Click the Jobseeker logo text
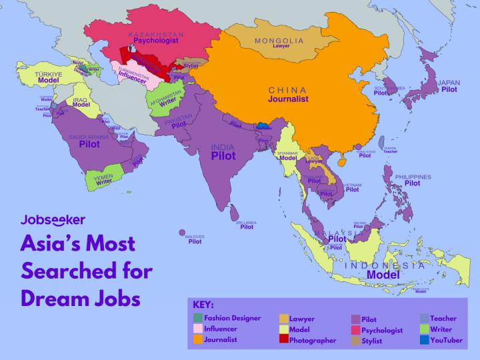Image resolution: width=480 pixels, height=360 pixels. tap(53, 219)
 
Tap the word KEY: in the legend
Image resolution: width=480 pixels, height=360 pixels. tap(203, 305)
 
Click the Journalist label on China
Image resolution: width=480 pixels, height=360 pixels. tap(288, 99)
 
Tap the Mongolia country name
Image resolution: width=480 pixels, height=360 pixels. tap(278, 41)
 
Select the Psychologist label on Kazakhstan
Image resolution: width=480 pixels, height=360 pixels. tap(157, 41)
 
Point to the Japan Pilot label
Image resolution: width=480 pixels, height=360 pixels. tap(449, 89)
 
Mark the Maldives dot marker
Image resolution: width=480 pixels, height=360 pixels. tap(182, 232)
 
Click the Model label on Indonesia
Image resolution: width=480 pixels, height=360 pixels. tap(383, 274)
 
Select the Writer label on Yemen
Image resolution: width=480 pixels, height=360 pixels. tap(104, 181)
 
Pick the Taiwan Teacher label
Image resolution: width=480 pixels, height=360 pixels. tap(390, 151)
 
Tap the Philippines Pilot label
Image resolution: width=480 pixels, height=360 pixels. tap(412, 183)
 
